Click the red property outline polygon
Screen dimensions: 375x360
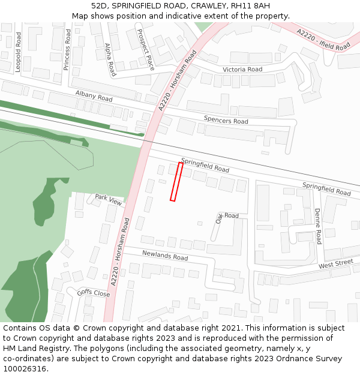(176, 181)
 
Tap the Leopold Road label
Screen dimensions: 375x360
(18, 52)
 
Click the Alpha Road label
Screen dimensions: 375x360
(109, 59)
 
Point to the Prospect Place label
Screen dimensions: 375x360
(146, 49)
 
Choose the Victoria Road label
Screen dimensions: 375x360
(242, 70)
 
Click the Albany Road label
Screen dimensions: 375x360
(94, 96)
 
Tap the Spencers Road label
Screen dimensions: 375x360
(226, 120)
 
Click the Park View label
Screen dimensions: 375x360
(108, 199)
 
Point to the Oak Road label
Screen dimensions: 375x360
(227, 217)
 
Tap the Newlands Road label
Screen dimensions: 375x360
(164, 256)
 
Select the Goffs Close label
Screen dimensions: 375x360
(93, 293)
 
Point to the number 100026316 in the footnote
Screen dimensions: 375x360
(25, 369)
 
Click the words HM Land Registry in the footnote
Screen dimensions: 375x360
(31, 349)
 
